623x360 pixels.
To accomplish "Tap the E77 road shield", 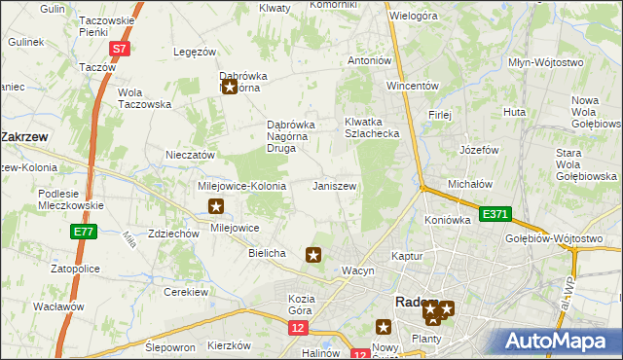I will pyautogui.click(x=83, y=231).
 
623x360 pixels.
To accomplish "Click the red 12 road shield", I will pyautogui.click(x=298, y=329).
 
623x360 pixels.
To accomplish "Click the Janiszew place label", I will pyautogui.click(x=334, y=186).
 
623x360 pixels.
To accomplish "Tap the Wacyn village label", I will pyautogui.click(x=357, y=270).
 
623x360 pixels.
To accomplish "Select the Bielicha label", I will pyautogui.click(x=267, y=253).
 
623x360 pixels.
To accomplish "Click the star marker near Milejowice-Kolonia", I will pyautogui.click(x=217, y=206).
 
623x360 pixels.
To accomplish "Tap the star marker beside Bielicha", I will pyautogui.click(x=313, y=255).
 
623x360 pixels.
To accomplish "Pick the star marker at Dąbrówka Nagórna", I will pyautogui.click(x=230, y=87).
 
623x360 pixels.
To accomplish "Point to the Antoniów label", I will pyautogui.click(x=370, y=60).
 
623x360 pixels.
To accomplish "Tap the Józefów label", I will pyautogui.click(x=479, y=151).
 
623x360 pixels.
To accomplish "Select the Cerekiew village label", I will pyautogui.click(x=186, y=292).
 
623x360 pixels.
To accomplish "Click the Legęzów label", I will pyautogui.click(x=193, y=51).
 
